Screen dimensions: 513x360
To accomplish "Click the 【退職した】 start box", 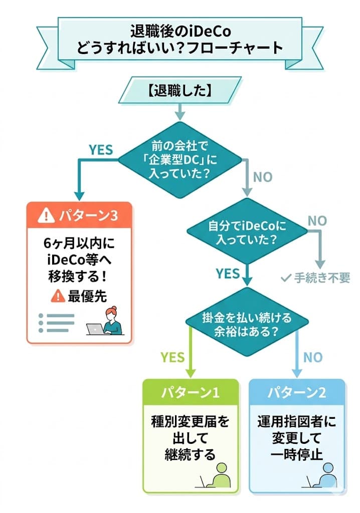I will (179, 90).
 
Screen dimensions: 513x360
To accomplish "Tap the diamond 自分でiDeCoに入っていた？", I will (247, 232).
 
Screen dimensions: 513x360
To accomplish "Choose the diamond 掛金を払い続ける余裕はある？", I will (247, 323).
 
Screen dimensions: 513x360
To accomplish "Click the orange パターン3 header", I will (79, 215).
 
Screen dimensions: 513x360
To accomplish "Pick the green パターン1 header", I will (190, 392).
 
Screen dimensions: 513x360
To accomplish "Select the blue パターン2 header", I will (298, 392).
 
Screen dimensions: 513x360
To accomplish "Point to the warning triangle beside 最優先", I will (57, 297).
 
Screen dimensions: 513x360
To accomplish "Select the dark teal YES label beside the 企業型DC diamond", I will (101, 149).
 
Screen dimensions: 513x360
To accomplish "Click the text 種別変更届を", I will (190, 421).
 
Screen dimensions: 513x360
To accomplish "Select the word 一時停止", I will (297, 454).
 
